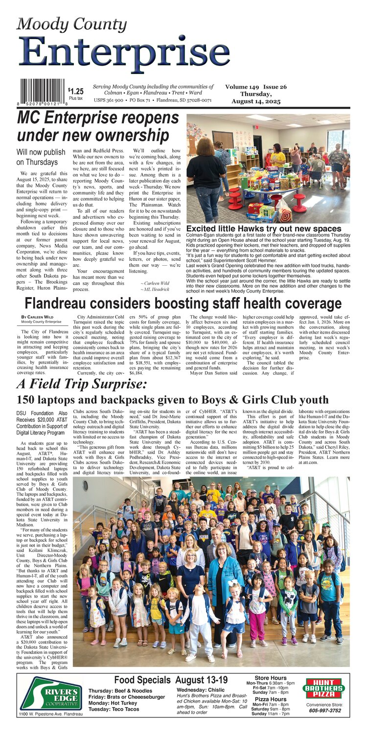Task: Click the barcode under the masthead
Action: click(42, 90)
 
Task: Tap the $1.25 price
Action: click(76, 91)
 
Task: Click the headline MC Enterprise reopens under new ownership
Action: click(98, 126)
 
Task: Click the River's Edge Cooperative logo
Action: click(51, 694)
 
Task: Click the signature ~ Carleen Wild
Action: click(155, 283)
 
